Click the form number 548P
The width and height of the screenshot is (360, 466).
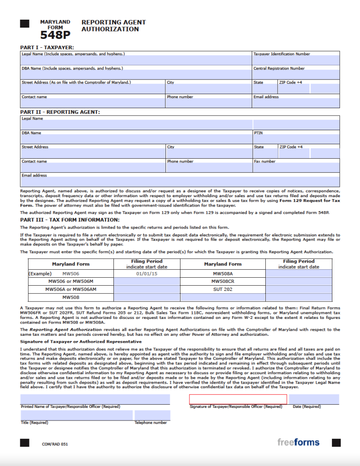point(55,35)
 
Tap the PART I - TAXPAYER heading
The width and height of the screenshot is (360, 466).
point(47,47)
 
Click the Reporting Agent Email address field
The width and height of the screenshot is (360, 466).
point(180,182)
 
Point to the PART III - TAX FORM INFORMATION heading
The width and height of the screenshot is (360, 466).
point(70,220)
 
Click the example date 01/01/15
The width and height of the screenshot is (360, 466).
point(147,273)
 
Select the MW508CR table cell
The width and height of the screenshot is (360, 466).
point(223,281)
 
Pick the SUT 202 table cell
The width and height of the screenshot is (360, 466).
point(223,289)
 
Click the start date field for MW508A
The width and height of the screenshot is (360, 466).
point(299,273)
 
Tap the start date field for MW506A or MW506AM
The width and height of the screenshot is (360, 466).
point(147,289)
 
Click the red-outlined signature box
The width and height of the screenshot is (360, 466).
point(238,399)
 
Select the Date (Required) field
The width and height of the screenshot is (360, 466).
point(314,399)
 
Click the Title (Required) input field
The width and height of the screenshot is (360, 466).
point(76,415)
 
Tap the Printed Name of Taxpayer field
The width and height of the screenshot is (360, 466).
point(95,399)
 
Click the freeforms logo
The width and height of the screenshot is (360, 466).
point(298,442)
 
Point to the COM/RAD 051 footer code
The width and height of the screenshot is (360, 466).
point(55,444)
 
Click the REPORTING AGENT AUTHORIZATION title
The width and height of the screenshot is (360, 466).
point(113,26)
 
